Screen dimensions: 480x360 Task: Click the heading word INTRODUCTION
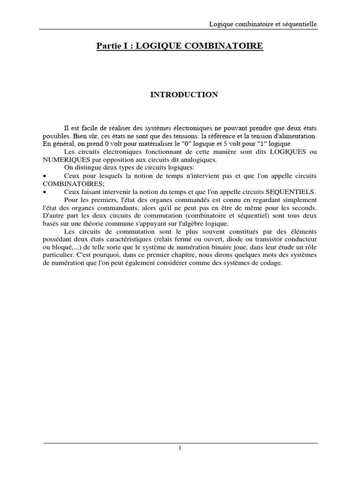pos(184,95)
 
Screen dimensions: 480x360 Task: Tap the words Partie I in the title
pos(111,46)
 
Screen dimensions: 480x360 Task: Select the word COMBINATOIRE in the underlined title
pos(225,46)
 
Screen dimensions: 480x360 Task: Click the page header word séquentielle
pos(300,24)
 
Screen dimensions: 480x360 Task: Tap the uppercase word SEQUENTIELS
pos(292,192)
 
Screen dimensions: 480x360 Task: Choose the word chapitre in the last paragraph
pos(182,255)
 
